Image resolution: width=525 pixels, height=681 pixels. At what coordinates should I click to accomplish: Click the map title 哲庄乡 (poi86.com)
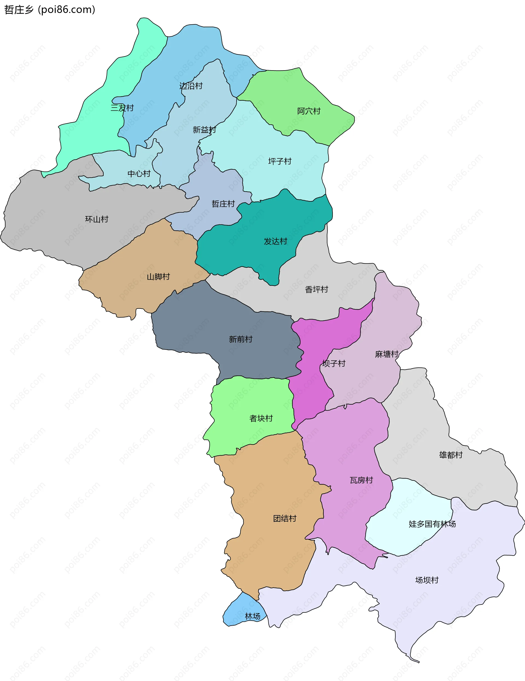(49, 10)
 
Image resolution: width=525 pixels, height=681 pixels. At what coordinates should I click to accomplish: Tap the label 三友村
(122, 108)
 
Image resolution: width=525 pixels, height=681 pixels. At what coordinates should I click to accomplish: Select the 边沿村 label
(191, 86)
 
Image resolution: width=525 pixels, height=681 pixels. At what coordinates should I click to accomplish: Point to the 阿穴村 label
(308, 111)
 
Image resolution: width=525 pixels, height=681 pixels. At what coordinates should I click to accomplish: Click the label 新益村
(204, 130)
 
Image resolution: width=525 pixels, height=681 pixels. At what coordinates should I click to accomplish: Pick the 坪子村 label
(279, 161)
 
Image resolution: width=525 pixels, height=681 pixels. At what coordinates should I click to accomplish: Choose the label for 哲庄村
(223, 204)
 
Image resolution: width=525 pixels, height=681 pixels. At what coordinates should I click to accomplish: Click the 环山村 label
(97, 219)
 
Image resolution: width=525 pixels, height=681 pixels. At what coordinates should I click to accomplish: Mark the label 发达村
(275, 241)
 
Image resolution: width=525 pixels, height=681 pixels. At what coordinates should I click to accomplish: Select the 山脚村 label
(158, 277)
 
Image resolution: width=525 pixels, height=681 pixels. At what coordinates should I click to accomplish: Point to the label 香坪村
(316, 289)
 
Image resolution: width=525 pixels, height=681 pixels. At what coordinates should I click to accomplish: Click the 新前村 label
(241, 339)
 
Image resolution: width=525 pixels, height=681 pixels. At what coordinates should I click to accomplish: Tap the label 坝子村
(334, 363)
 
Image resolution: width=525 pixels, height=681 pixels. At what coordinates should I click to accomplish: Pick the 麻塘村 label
(386, 354)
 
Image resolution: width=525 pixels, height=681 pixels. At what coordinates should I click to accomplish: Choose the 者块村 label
(261, 418)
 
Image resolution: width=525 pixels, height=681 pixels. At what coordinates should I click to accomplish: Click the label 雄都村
(450, 455)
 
